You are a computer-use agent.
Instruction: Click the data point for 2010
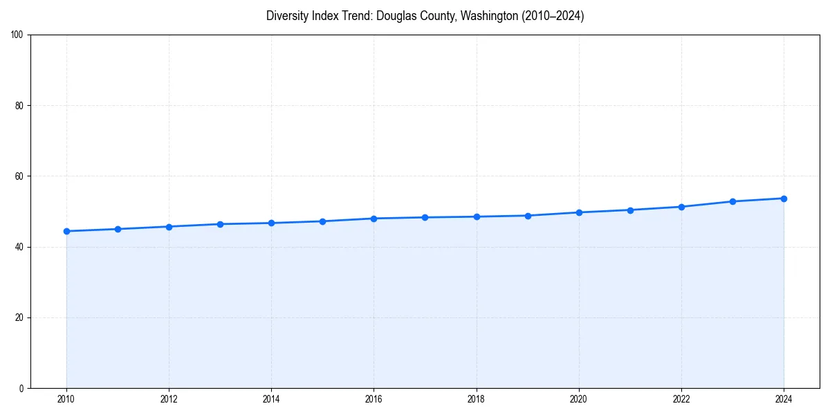click(66, 231)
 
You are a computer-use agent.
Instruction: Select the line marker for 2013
click(220, 224)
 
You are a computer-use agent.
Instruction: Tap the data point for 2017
click(425, 217)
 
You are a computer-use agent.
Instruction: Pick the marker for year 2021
click(630, 210)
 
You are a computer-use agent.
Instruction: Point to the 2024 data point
click(784, 199)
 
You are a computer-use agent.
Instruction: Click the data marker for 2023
click(732, 201)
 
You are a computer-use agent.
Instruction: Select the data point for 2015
click(322, 221)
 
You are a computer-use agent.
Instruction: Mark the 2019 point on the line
click(528, 216)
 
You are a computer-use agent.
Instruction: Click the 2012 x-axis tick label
click(169, 399)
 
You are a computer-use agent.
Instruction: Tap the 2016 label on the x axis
click(373, 399)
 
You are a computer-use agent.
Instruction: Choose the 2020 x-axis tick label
click(579, 399)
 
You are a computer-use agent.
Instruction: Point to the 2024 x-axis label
click(784, 399)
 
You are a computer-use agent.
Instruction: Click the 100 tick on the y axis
click(17, 35)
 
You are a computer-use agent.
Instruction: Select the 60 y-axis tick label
click(19, 176)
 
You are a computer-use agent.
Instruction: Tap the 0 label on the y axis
click(21, 388)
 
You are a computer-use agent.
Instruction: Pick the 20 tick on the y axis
click(19, 317)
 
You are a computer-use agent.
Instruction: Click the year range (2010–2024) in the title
click(553, 16)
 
